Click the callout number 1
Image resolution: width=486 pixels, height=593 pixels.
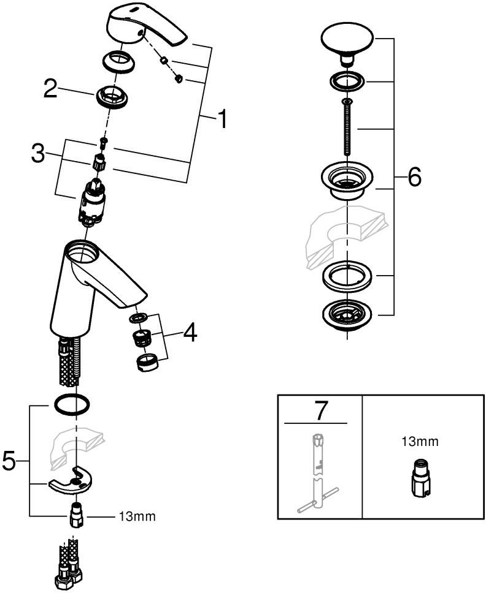222,119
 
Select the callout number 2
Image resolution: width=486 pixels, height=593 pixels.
52,90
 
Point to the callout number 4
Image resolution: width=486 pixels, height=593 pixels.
190,333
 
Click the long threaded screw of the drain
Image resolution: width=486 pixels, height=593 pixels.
347,129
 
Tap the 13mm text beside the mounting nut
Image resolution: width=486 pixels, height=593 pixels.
137,516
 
